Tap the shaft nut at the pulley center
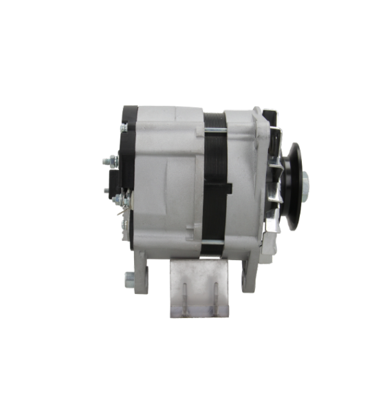[x=303, y=183]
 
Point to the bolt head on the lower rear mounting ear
[x=129, y=280]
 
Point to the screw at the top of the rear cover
[x=124, y=128]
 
